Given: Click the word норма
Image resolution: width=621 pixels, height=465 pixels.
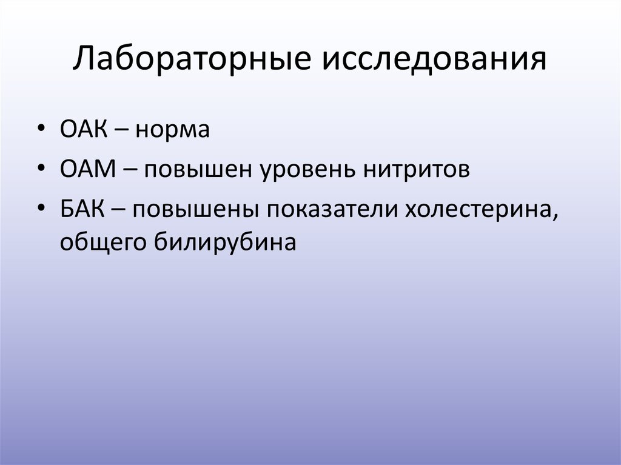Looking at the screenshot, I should coord(173,130).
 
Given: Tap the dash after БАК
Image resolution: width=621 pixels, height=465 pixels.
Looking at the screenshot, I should coord(123,210).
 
